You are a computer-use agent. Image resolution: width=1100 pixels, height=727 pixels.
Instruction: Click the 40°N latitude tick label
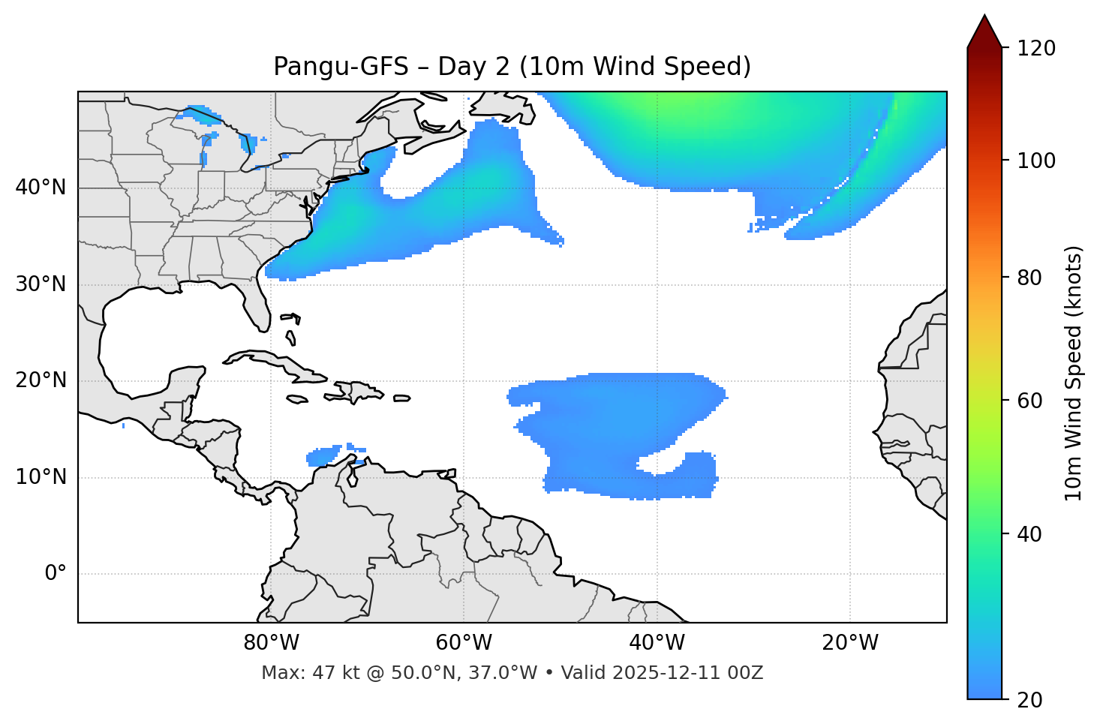[41, 188]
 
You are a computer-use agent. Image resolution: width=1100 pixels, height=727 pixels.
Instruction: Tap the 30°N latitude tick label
[41, 284]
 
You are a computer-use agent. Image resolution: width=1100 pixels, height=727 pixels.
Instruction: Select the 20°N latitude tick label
[41, 381]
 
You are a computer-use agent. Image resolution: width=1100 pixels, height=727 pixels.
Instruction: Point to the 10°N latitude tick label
[41, 477]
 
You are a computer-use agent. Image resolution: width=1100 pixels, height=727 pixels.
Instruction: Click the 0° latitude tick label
[55, 574]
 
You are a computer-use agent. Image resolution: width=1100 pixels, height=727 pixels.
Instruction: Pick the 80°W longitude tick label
[271, 643]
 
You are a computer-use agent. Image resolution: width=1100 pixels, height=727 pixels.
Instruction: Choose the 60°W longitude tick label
[464, 643]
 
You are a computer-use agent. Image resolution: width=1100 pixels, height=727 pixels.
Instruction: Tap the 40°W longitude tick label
[657, 643]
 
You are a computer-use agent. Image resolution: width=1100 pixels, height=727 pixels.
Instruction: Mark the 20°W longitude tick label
[849, 643]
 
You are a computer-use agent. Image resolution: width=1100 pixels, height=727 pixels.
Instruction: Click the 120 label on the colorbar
[1035, 49]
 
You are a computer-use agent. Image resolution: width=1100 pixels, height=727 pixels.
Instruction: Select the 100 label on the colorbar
[1035, 161]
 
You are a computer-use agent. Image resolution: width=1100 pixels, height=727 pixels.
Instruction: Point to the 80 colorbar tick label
[1030, 278]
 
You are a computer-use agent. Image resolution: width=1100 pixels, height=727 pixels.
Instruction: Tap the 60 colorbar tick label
[1030, 401]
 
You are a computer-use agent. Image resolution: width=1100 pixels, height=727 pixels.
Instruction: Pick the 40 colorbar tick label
[1030, 534]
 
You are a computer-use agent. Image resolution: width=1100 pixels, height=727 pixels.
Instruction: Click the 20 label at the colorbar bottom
[1030, 700]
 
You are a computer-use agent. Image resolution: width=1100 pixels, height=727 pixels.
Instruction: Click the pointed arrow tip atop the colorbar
[984, 17]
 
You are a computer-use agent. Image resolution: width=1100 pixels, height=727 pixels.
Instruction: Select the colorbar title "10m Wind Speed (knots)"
[1074, 373]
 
